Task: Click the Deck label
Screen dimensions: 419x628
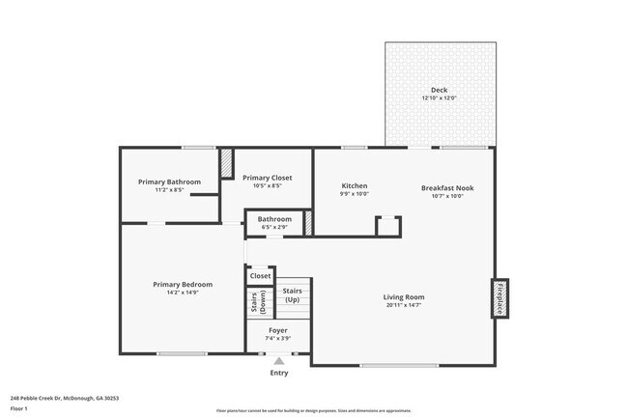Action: click(440, 90)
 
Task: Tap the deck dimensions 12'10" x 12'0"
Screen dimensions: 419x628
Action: click(440, 98)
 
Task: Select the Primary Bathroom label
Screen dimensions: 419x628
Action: click(169, 182)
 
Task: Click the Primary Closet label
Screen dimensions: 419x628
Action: click(267, 178)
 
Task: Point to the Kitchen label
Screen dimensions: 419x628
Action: click(355, 185)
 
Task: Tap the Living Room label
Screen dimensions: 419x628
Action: click(404, 296)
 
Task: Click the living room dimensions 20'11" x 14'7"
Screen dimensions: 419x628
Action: click(404, 305)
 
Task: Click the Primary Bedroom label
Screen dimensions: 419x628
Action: click(183, 284)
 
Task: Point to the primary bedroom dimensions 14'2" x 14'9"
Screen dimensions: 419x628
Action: click(183, 293)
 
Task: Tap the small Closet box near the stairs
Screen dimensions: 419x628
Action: click(261, 276)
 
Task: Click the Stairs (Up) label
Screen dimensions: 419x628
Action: click(292, 294)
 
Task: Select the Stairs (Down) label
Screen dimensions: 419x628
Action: click(259, 303)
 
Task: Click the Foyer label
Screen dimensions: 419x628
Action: click(277, 329)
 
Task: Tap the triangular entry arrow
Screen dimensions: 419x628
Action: click(278, 361)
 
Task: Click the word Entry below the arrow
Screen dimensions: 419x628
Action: click(278, 373)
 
